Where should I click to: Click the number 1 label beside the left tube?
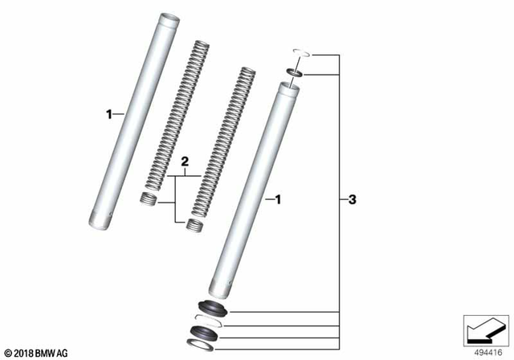coord(109,115)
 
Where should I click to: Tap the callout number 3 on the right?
coord(343,198)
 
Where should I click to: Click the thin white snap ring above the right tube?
coord(299,54)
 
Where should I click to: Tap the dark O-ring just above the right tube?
coord(295,72)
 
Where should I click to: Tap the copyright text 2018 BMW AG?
coord(36,352)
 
